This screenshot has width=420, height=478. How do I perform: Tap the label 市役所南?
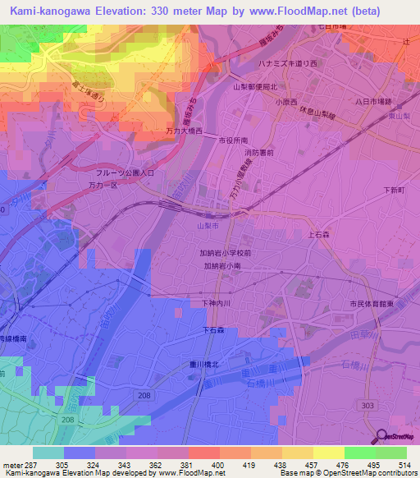click(235, 141)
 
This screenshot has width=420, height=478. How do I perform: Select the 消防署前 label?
click(258, 153)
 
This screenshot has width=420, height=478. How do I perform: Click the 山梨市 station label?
click(208, 225)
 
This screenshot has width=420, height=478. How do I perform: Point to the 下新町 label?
click(395, 190)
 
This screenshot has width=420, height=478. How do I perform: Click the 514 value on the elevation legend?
click(406, 465)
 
